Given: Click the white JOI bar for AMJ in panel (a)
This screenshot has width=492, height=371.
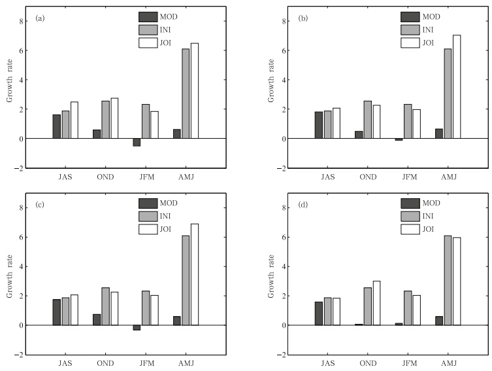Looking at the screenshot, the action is (x=195, y=91).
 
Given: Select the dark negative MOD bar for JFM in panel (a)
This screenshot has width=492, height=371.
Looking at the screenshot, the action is (x=137, y=142).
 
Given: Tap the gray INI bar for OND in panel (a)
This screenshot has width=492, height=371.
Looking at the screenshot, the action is (x=105, y=120).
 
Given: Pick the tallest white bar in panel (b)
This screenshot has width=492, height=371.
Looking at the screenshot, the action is (x=457, y=87).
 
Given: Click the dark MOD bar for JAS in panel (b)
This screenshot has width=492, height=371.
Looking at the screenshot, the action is (x=319, y=125).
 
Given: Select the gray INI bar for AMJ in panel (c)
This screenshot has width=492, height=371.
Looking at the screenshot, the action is (x=186, y=280).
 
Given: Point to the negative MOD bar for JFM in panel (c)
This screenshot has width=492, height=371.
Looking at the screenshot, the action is (x=137, y=328).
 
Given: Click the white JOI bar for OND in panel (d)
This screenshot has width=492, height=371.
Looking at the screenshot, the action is (x=376, y=303).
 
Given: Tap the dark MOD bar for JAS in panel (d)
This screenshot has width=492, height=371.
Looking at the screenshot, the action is (x=319, y=313).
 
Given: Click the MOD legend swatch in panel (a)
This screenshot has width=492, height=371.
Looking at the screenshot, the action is (x=148, y=17).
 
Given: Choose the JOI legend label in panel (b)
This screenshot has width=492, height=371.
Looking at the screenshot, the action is (x=428, y=43).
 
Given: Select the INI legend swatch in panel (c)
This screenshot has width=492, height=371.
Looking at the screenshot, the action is (x=148, y=217).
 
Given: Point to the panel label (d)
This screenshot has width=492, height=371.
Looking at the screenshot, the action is (x=303, y=205).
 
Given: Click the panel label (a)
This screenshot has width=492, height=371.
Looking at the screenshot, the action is (x=41, y=18).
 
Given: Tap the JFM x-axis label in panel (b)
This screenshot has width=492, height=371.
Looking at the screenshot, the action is (x=410, y=177).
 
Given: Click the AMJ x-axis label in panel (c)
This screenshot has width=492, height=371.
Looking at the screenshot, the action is (x=186, y=363).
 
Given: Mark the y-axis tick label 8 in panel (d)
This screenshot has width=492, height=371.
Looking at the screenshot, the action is (x=284, y=207).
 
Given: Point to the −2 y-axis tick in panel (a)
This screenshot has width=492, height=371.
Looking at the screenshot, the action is (x=19, y=169).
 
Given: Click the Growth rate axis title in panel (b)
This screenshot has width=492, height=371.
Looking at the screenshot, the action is (x=271, y=80).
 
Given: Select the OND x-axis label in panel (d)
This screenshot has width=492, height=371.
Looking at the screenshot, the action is (x=368, y=363).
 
